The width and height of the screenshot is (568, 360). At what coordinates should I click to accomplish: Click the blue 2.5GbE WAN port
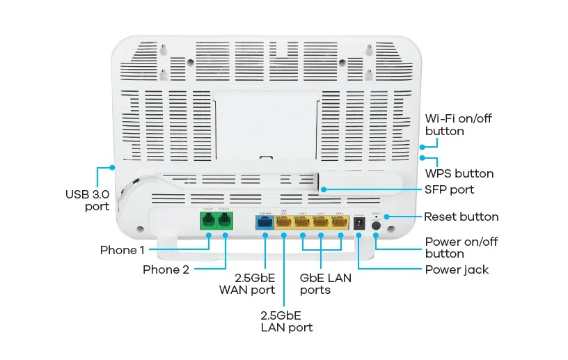(x=265, y=223)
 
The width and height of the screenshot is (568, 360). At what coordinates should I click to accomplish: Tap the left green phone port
(x=207, y=222)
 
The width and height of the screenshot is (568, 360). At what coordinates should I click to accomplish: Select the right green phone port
(x=224, y=222)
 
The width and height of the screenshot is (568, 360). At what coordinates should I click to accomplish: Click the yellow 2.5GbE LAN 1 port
(x=284, y=223)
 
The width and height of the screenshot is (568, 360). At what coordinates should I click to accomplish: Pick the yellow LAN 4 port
(x=340, y=223)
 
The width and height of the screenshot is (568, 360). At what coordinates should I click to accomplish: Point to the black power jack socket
(x=359, y=223)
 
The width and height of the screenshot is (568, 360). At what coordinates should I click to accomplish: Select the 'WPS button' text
(x=459, y=173)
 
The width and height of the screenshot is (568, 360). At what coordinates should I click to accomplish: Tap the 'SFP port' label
(x=449, y=189)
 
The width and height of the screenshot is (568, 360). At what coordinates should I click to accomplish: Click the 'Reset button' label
(x=461, y=217)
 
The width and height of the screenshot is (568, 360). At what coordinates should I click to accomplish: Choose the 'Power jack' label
(x=457, y=269)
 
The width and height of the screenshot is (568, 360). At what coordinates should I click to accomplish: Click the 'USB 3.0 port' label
(x=87, y=200)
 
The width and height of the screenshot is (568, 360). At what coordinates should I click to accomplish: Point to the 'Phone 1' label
(x=123, y=249)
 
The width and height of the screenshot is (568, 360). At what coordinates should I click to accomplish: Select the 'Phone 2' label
(x=166, y=269)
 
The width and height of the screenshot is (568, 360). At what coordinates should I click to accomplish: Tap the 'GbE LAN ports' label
(x=325, y=283)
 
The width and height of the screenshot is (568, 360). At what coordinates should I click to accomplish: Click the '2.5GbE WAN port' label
(x=247, y=283)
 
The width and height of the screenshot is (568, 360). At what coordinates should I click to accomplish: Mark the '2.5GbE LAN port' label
(x=286, y=321)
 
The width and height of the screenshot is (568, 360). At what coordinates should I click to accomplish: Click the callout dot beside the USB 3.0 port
(x=112, y=167)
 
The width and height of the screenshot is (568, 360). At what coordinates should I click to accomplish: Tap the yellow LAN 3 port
(x=321, y=223)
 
